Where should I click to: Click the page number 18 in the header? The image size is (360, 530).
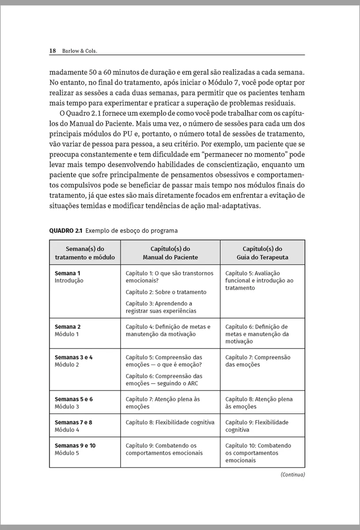[52, 51]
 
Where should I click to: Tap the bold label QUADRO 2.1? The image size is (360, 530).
[66, 231]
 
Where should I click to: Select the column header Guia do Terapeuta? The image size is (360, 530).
[262, 257]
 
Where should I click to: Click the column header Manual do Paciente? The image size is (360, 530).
[170, 257]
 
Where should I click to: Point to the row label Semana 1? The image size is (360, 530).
[68, 273]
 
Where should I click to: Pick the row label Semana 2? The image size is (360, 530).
[68, 327]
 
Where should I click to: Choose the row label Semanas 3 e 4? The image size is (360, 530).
[73, 357]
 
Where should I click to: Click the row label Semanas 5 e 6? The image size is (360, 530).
[73, 399]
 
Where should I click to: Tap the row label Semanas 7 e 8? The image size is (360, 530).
[73, 422]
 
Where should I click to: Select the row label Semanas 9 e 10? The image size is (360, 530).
[75, 445]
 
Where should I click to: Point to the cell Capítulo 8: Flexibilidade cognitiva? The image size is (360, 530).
[170, 422]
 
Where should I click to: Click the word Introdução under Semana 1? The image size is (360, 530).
[69, 280]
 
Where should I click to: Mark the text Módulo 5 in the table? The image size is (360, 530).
[67, 453]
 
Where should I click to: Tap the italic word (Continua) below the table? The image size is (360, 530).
[292, 475]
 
